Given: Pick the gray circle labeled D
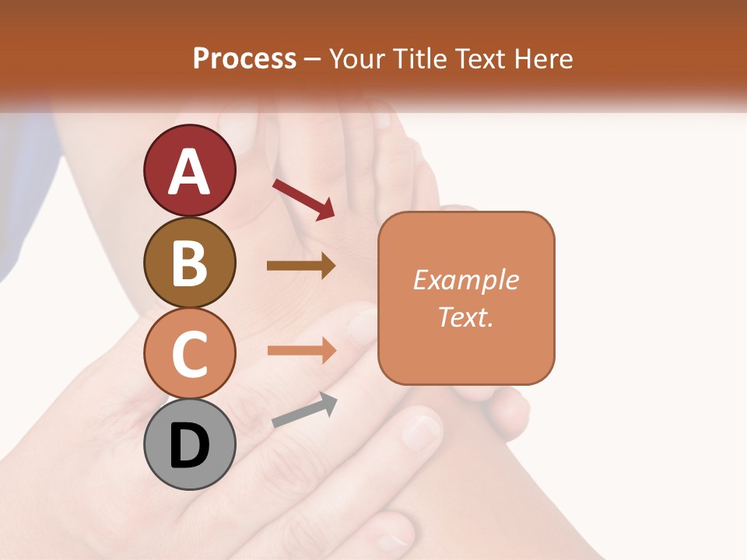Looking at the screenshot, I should coord(189,444).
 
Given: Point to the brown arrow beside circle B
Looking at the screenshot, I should coord(301,265).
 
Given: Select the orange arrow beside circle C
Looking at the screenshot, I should coord(302,350).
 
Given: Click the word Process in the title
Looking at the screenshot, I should coord(244,59).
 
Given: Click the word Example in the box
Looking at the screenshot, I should coord(466,280).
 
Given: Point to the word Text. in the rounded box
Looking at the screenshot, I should coord(466,317).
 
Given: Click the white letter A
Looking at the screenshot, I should coord(189,171).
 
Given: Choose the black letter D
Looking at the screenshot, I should coord(189,446).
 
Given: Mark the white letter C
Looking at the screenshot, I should coord(189,354).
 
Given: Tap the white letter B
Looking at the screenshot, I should coord(189,262).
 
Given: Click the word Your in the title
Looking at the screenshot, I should coord(356,59).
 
